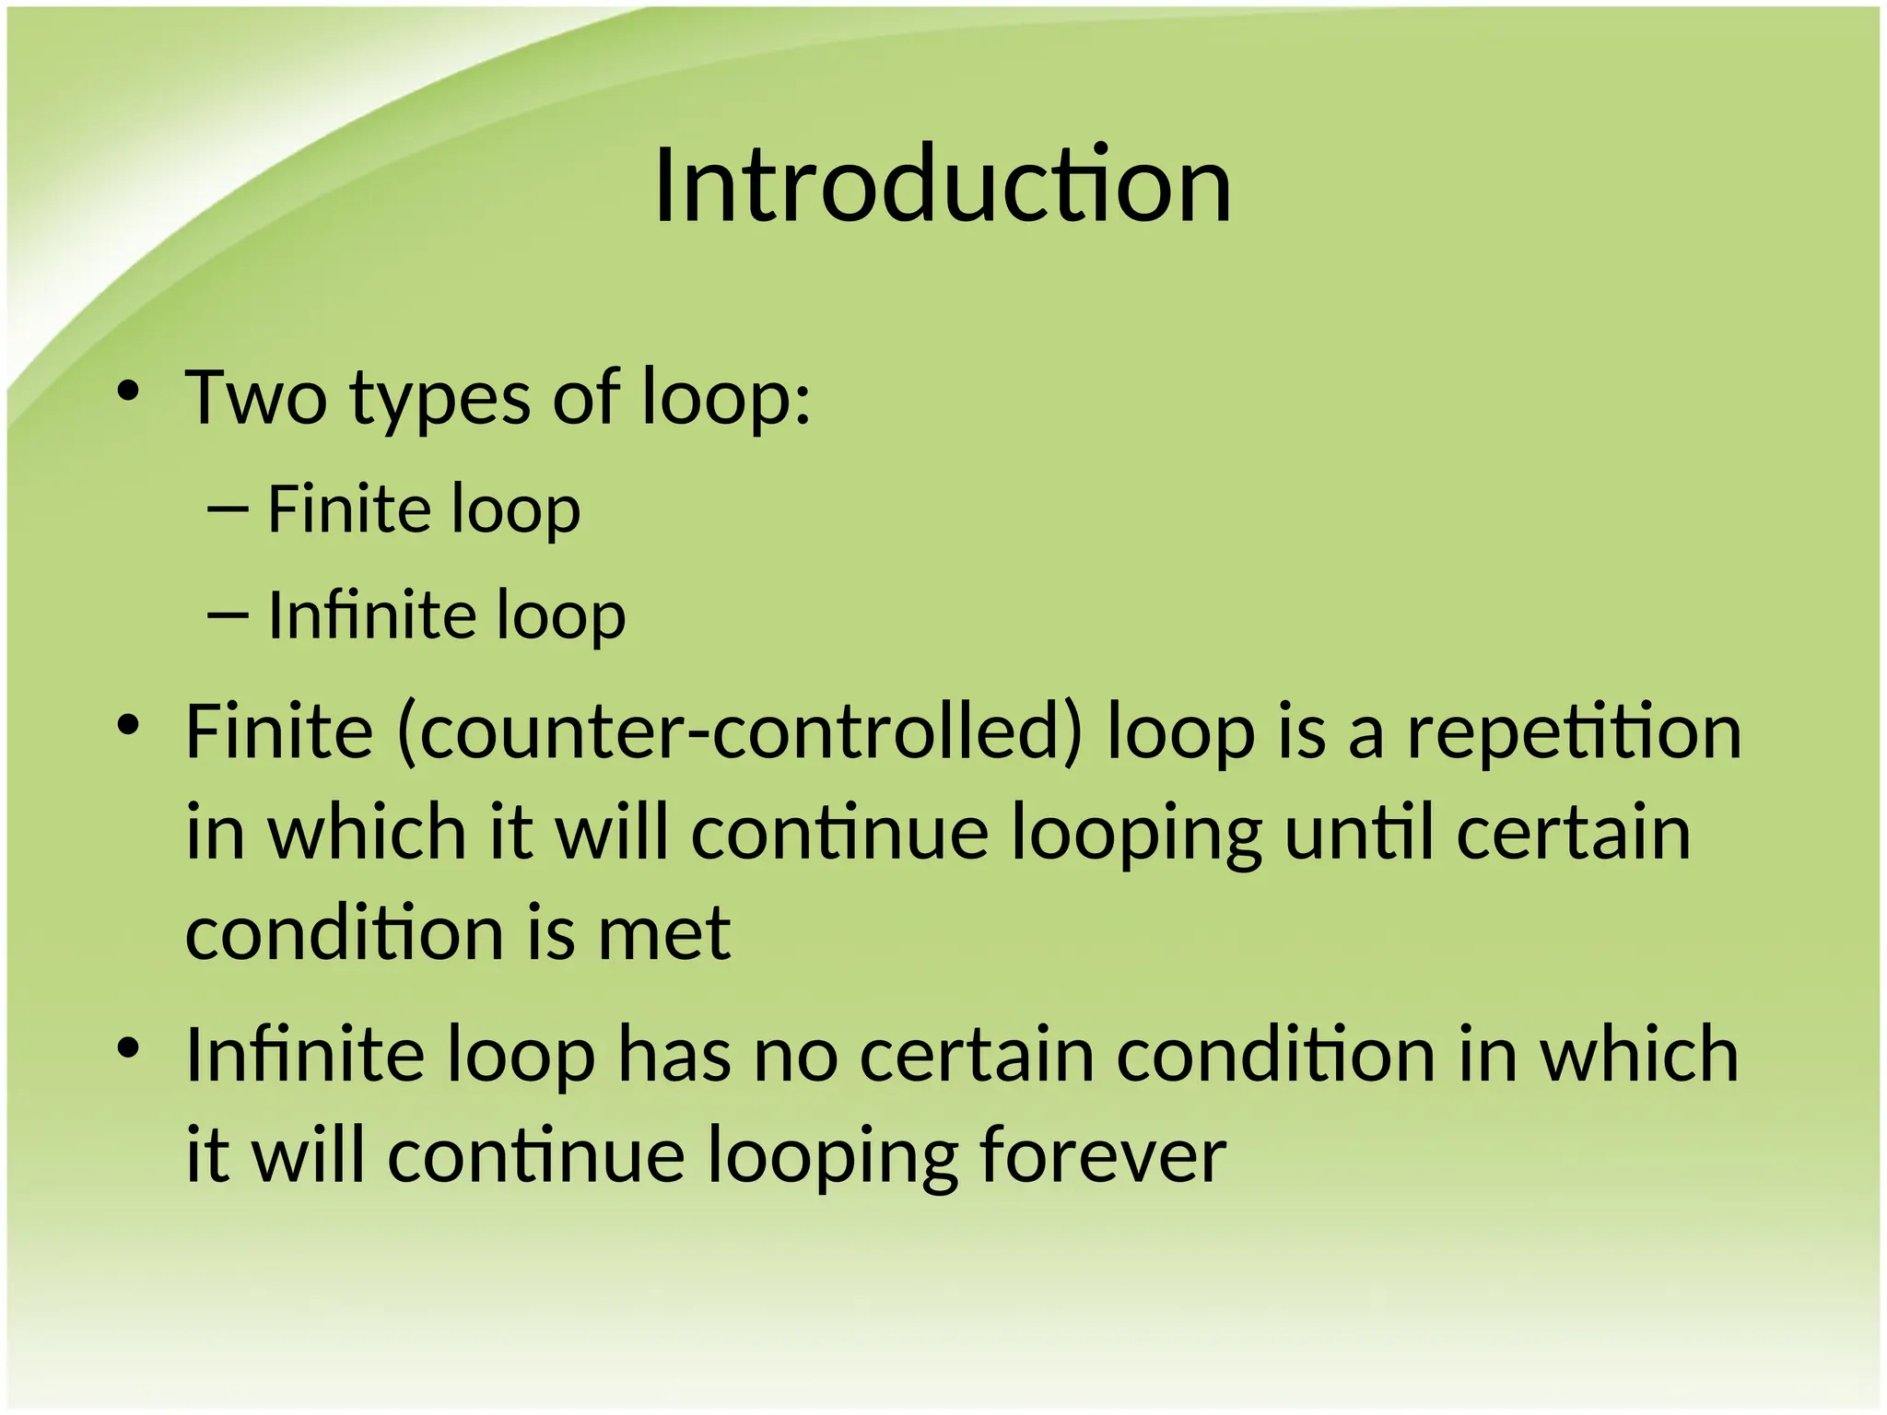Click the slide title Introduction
[942, 187]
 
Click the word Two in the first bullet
[256, 399]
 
